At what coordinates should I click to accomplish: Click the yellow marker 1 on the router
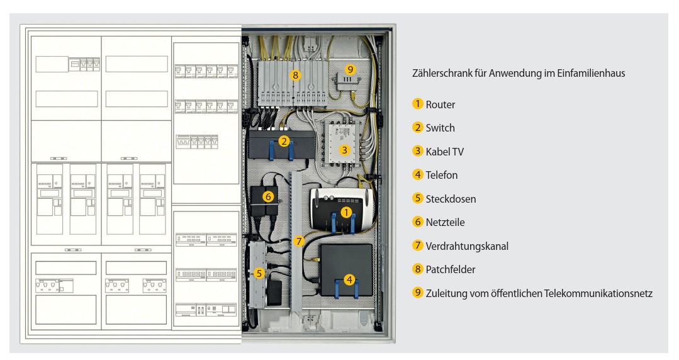pos(345,212)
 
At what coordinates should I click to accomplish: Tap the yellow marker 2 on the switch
pos(284,141)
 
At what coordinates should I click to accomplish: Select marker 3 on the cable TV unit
pos(344,150)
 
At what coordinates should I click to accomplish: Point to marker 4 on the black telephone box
pos(348,279)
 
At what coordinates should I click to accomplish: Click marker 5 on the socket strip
pos(259,273)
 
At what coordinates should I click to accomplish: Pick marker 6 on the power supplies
pos(268,196)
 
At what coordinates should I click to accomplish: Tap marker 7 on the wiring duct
pos(299,240)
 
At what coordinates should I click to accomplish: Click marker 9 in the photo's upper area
pos(351,69)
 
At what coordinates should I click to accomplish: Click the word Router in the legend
pos(440,104)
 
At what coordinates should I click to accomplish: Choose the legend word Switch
pos(440,128)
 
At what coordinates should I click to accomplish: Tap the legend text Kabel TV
pos(444,152)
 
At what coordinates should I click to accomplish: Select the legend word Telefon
pos(441,175)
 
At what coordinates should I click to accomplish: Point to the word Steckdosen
pos(451,199)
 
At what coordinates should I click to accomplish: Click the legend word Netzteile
pos(445,222)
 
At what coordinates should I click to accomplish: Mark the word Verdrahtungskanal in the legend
pos(466,246)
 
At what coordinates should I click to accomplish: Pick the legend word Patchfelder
pos(450,269)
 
